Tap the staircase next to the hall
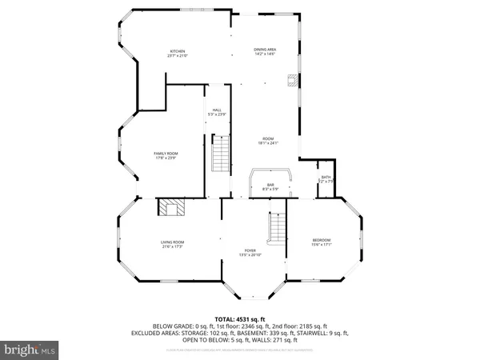coord(220,153)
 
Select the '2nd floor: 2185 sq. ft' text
coord(297,326)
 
